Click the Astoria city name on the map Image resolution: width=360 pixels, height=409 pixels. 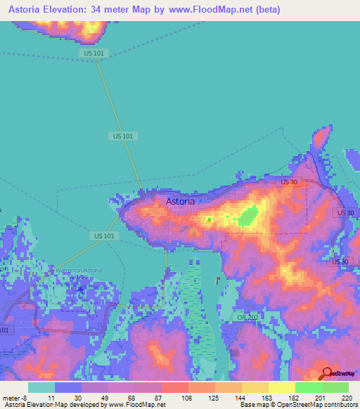pos(181,201)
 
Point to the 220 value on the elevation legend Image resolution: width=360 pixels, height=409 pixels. pos(345,397)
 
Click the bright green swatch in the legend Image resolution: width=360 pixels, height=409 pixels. pos(308,387)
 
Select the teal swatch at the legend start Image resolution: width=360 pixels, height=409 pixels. pos(41,387)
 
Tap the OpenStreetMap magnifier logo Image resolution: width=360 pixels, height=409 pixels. pos(326,374)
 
